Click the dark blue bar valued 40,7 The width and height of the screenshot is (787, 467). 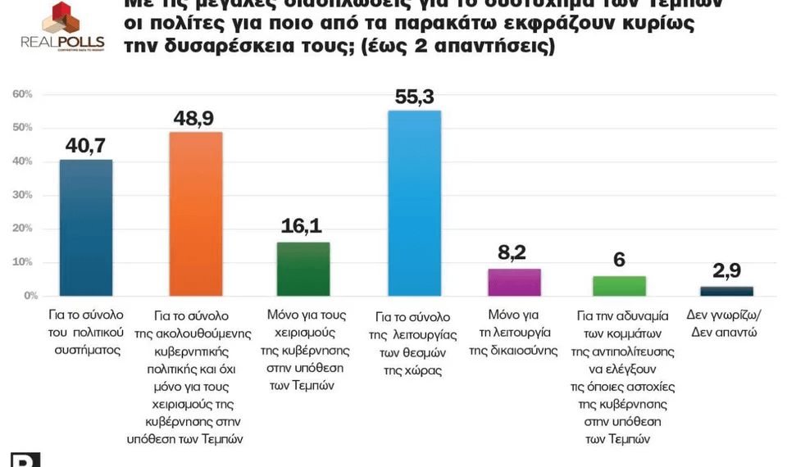(86, 227)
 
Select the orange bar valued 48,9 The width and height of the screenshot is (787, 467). (195, 213)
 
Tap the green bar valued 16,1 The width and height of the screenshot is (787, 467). (303, 269)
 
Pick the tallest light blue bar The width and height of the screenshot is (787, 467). (414, 202)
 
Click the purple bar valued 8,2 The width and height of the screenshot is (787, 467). (514, 282)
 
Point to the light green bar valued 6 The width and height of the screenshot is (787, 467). (619, 286)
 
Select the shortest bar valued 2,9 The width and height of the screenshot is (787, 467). (726, 291)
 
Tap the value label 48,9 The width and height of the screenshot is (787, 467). (195, 118)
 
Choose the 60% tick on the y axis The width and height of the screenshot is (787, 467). (22, 94)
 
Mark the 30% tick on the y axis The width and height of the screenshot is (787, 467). (22, 195)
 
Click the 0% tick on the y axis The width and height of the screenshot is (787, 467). (29, 295)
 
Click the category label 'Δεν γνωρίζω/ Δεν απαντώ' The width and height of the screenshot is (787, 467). (725, 324)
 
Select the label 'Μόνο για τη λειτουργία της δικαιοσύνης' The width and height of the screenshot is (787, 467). (513, 333)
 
